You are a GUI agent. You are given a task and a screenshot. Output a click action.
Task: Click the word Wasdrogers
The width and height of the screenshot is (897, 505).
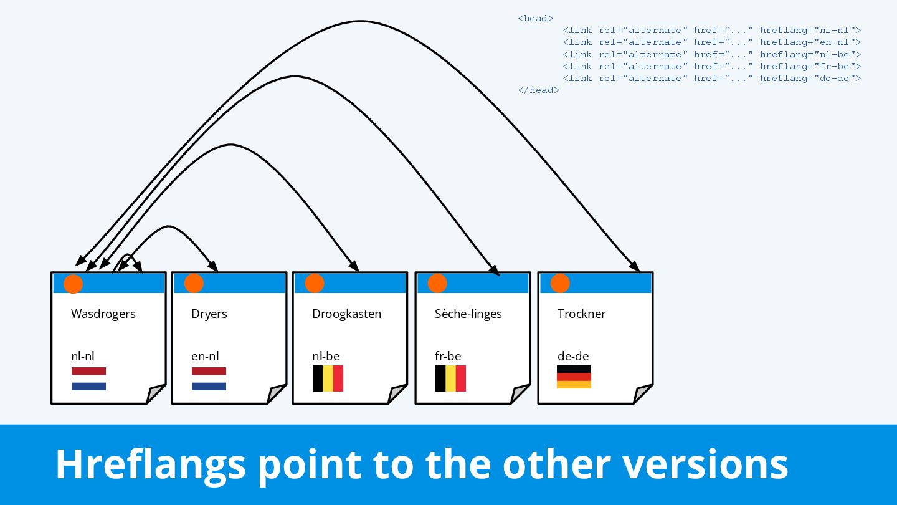pos(103,314)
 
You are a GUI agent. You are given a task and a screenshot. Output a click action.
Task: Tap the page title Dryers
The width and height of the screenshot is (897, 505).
pos(209,314)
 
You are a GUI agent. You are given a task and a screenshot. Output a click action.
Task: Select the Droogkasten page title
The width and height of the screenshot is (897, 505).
pos(346,314)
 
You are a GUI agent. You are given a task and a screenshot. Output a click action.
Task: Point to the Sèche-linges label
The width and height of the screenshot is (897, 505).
pos(468,314)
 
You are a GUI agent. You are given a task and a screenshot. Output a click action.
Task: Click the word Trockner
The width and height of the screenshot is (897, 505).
pos(581,314)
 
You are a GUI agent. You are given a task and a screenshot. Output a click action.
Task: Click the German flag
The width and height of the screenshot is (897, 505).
pos(574,377)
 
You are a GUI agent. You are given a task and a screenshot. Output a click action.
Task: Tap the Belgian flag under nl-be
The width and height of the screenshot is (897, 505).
pos(328,378)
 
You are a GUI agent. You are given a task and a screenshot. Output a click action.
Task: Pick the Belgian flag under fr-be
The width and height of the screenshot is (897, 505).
pos(450,378)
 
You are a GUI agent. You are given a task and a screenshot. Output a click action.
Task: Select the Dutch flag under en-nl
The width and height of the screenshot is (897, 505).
pos(209,378)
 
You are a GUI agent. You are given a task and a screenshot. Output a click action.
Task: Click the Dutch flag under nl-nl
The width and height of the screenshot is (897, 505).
pos(88,378)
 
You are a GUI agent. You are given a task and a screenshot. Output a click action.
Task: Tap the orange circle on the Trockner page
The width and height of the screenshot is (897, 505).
pos(560,283)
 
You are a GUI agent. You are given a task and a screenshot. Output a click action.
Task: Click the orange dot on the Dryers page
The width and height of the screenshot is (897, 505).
pos(194,283)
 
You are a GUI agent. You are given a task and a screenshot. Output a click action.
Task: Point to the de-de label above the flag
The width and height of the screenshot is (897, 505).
pos(573,357)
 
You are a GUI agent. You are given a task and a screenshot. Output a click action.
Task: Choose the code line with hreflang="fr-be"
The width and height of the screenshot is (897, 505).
pos(711,66)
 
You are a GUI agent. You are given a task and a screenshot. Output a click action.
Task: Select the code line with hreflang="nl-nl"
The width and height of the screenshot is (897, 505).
pos(711,30)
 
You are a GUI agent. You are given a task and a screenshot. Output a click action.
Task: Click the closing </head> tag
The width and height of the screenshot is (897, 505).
pos(538,90)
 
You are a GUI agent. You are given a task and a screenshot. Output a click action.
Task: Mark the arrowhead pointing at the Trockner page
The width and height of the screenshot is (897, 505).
pos(635,266)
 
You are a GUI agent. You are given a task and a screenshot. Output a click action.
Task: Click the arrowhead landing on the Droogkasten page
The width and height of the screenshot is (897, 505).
pos(354,266)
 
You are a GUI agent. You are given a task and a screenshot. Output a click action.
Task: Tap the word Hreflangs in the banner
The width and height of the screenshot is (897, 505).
pos(149,464)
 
